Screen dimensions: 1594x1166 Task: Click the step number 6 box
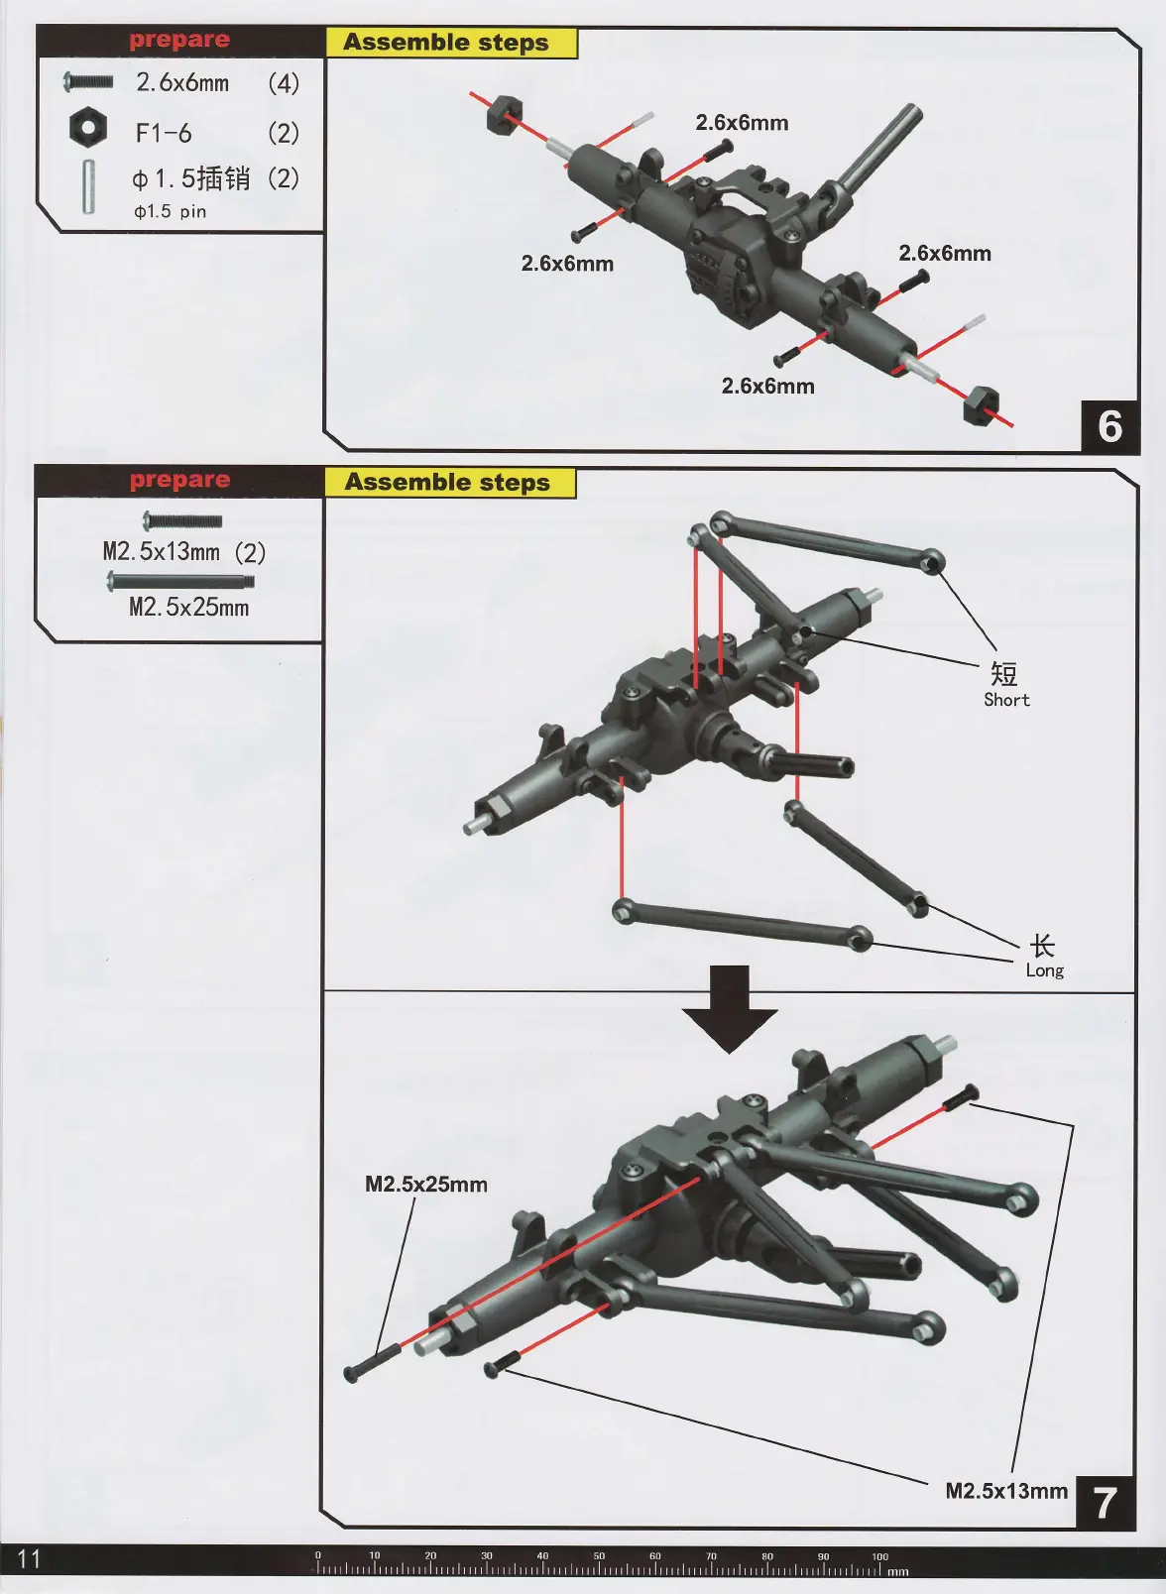pyautogui.click(x=1109, y=426)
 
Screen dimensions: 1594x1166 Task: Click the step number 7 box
pyautogui.click(x=1105, y=1503)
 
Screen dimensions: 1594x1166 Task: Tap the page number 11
pyautogui.click(x=29, y=1558)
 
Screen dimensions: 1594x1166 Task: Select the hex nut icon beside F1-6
pyautogui.click(x=88, y=128)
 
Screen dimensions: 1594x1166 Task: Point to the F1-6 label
pyautogui.click(x=164, y=133)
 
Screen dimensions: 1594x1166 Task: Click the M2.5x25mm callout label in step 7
pyautogui.click(x=426, y=1184)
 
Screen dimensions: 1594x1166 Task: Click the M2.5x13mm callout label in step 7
pyautogui.click(x=1005, y=1491)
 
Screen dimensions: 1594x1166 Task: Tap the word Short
pyautogui.click(x=1006, y=700)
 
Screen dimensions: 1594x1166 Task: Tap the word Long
pyautogui.click(x=1044, y=970)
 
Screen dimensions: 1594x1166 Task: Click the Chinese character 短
pyautogui.click(x=1004, y=674)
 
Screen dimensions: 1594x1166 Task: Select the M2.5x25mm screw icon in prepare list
pyautogui.click(x=180, y=581)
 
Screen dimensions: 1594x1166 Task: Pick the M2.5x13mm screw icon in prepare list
pyautogui.click(x=182, y=520)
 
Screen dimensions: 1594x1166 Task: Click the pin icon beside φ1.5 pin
pyautogui.click(x=89, y=186)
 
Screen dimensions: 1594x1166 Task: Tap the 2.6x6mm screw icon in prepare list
pyautogui.click(x=88, y=81)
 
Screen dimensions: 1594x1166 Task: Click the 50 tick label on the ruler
pyautogui.click(x=599, y=1555)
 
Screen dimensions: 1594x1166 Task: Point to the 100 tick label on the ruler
pyautogui.click(x=879, y=1555)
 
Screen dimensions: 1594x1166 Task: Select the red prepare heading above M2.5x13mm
pyautogui.click(x=179, y=480)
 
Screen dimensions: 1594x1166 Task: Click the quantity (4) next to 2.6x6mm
pyautogui.click(x=283, y=83)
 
